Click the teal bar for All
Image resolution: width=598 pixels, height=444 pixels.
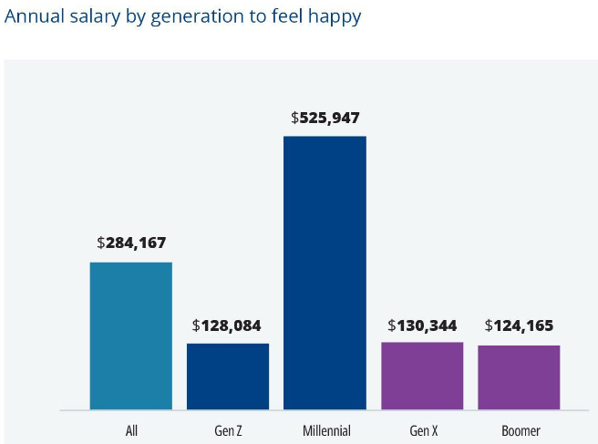click(130, 336)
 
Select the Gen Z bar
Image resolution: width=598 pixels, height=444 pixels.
click(228, 376)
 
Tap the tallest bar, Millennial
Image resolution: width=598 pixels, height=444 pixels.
click(325, 273)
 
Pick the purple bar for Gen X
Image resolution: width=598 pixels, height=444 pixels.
click(421, 375)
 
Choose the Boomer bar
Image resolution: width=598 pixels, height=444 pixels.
click(519, 377)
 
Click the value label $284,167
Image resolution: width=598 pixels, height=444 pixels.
click(131, 243)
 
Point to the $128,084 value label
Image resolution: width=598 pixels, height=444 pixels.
click(227, 325)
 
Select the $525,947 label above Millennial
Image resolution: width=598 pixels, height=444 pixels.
click(325, 118)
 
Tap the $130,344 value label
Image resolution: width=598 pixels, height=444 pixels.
click(422, 325)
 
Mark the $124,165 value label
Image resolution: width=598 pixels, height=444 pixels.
click(519, 325)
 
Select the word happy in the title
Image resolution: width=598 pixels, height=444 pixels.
click(335, 17)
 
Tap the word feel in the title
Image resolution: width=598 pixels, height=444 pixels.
click(282, 17)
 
